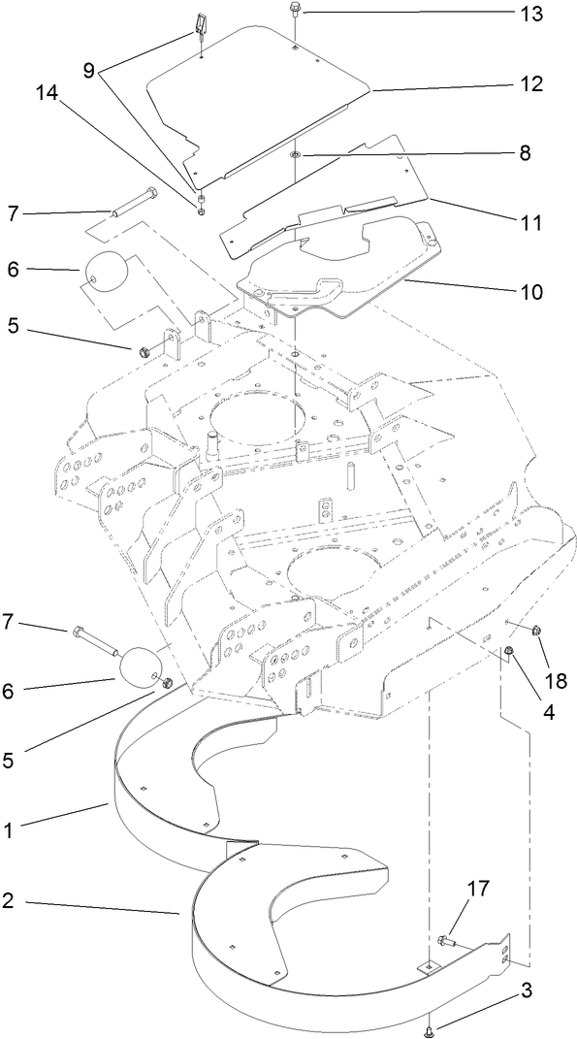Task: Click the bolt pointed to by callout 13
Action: pyautogui.click(x=294, y=14)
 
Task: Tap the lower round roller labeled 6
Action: pyautogui.click(x=139, y=667)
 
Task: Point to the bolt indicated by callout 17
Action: pyautogui.click(x=447, y=938)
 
